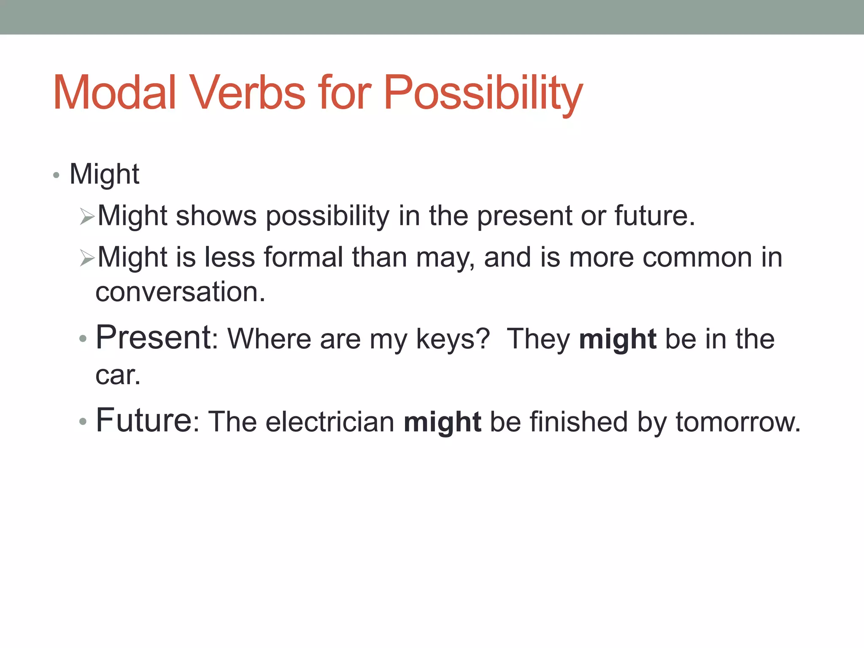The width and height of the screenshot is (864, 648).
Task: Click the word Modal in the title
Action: click(x=114, y=93)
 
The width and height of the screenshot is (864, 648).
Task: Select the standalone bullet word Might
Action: click(x=104, y=174)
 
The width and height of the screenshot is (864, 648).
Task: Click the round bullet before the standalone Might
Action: click(x=56, y=175)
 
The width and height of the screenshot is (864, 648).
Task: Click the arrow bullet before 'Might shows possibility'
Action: click(x=87, y=217)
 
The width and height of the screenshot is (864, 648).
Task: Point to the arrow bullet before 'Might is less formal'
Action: click(x=87, y=258)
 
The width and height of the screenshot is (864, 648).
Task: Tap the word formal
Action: click(x=303, y=257)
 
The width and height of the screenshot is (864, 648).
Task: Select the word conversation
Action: click(x=180, y=292)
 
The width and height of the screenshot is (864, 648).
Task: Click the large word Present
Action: click(x=154, y=337)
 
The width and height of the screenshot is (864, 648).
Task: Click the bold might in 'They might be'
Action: click(x=617, y=340)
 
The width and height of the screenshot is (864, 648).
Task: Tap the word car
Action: click(x=117, y=375)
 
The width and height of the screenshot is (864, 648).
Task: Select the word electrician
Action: click(x=330, y=421)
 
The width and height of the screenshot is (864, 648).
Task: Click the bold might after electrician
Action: click(x=442, y=422)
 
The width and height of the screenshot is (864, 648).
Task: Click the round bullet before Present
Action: click(x=83, y=338)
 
